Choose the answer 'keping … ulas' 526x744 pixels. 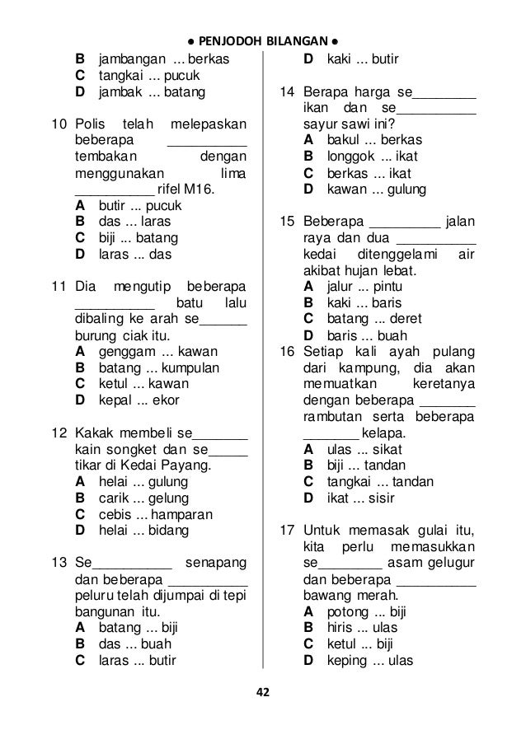click(x=369, y=660)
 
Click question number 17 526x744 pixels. click(x=286, y=530)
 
